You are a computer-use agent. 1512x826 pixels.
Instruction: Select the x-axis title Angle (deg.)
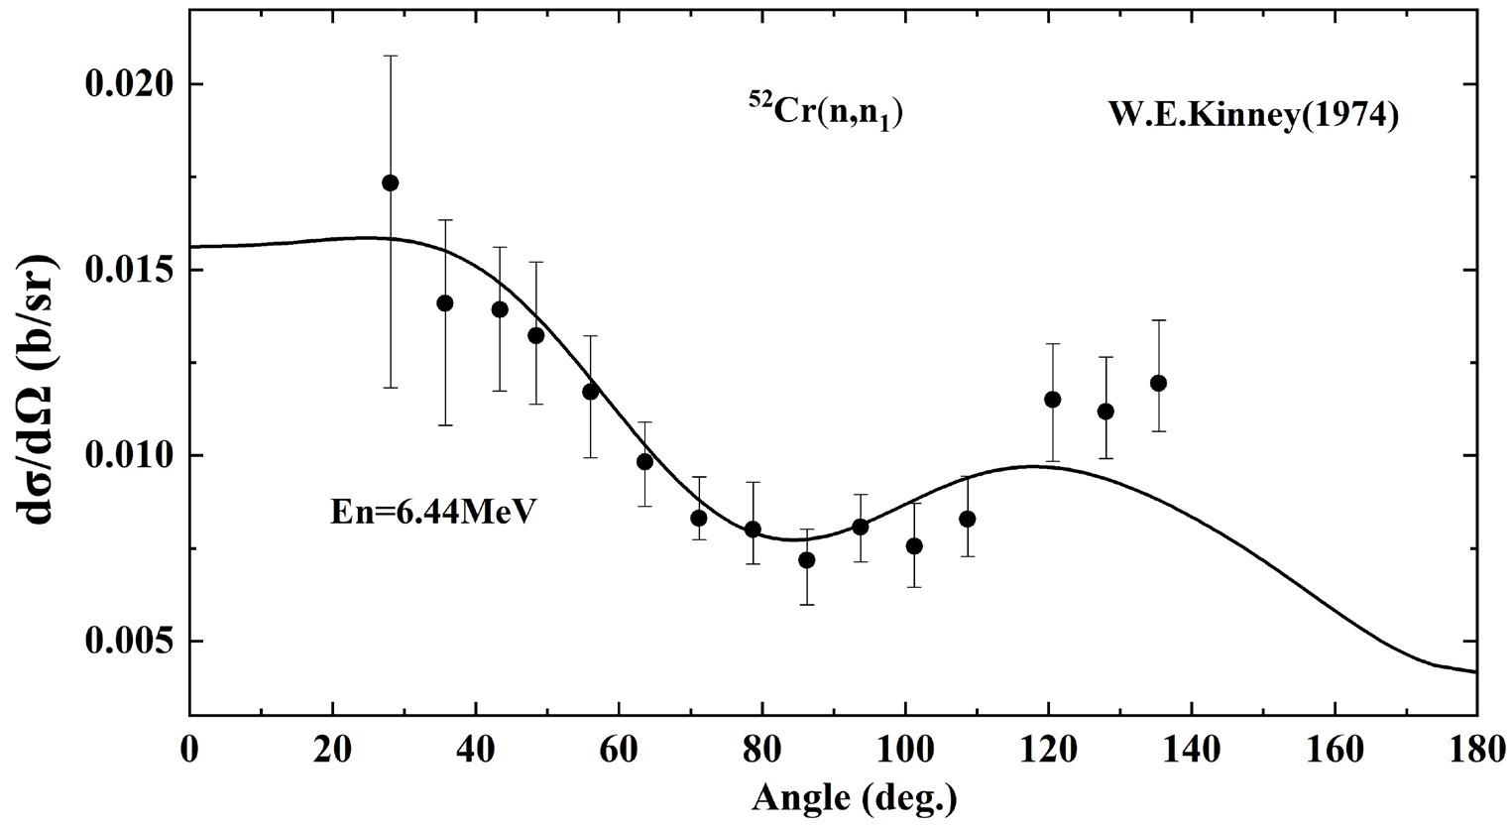[855, 796]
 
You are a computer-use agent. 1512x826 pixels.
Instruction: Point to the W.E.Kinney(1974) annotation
[1253, 116]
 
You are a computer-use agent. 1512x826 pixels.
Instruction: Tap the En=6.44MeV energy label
[432, 515]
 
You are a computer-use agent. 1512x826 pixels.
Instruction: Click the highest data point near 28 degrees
[391, 182]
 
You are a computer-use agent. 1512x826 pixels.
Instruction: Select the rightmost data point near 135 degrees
[1158, 383]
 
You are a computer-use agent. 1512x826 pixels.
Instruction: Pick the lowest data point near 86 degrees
[807, 560]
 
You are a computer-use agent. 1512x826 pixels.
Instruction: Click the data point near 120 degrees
[1053, 400]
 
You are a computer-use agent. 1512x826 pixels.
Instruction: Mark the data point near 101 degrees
[914, 546]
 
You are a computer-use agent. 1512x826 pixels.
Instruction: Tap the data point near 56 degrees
[591, 392]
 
